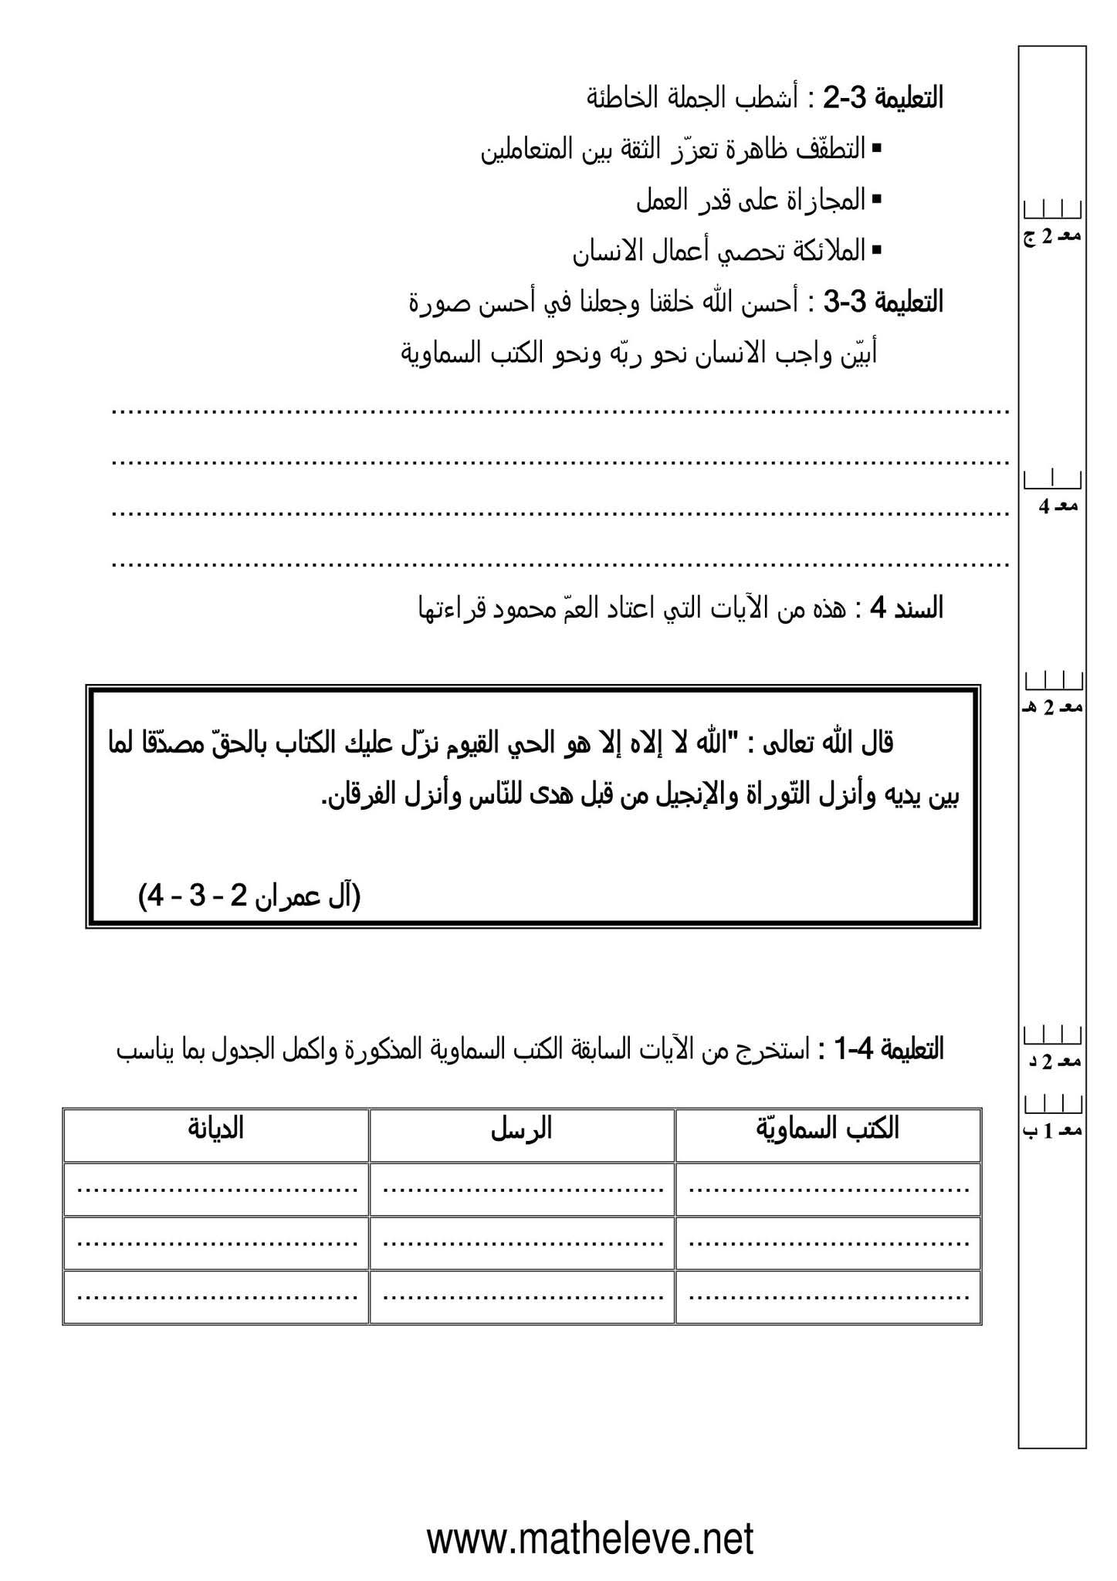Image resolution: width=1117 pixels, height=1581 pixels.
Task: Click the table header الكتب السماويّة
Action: pos(828,1129)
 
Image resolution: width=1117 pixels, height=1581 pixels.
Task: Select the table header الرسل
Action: pos(522,1129)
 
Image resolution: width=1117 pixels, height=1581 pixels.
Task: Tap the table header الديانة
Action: pos(215,1129)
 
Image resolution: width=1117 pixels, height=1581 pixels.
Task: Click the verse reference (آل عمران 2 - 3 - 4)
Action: pos(250,896)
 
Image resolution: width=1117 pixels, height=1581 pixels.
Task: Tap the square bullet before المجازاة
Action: pos(876,199)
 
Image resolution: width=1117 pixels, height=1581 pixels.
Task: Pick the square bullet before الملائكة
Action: pos(876,250)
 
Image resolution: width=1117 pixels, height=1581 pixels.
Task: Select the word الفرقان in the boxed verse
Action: pos(360,797)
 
